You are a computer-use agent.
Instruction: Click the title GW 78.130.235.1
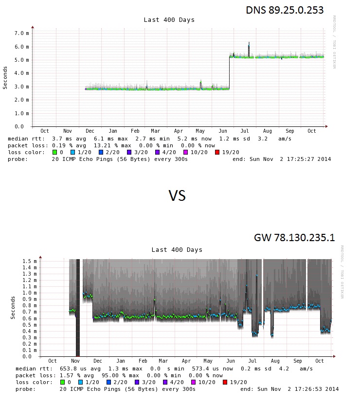pos(294,238)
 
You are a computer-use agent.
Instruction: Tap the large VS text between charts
pos(177,195)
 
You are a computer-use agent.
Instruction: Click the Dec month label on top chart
pos(90,131)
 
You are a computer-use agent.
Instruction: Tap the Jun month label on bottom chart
pos(231,361)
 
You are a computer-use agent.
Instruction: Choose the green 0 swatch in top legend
pos(55,152)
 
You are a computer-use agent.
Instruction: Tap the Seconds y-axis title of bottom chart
pos(13,307)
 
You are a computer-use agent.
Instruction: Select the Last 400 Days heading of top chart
pos(169,20)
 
